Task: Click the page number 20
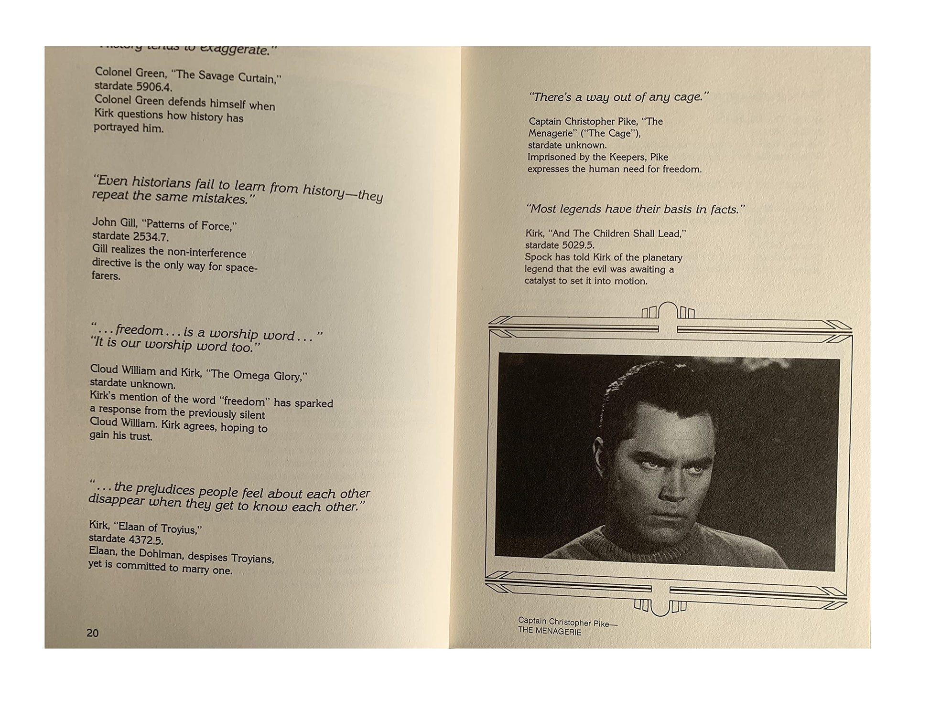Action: [x=92, y=633]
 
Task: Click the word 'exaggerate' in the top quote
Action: [x=234, y=49]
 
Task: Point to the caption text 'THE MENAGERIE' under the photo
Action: [x=550, y=632]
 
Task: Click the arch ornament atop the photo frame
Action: [x=668, y=310]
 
